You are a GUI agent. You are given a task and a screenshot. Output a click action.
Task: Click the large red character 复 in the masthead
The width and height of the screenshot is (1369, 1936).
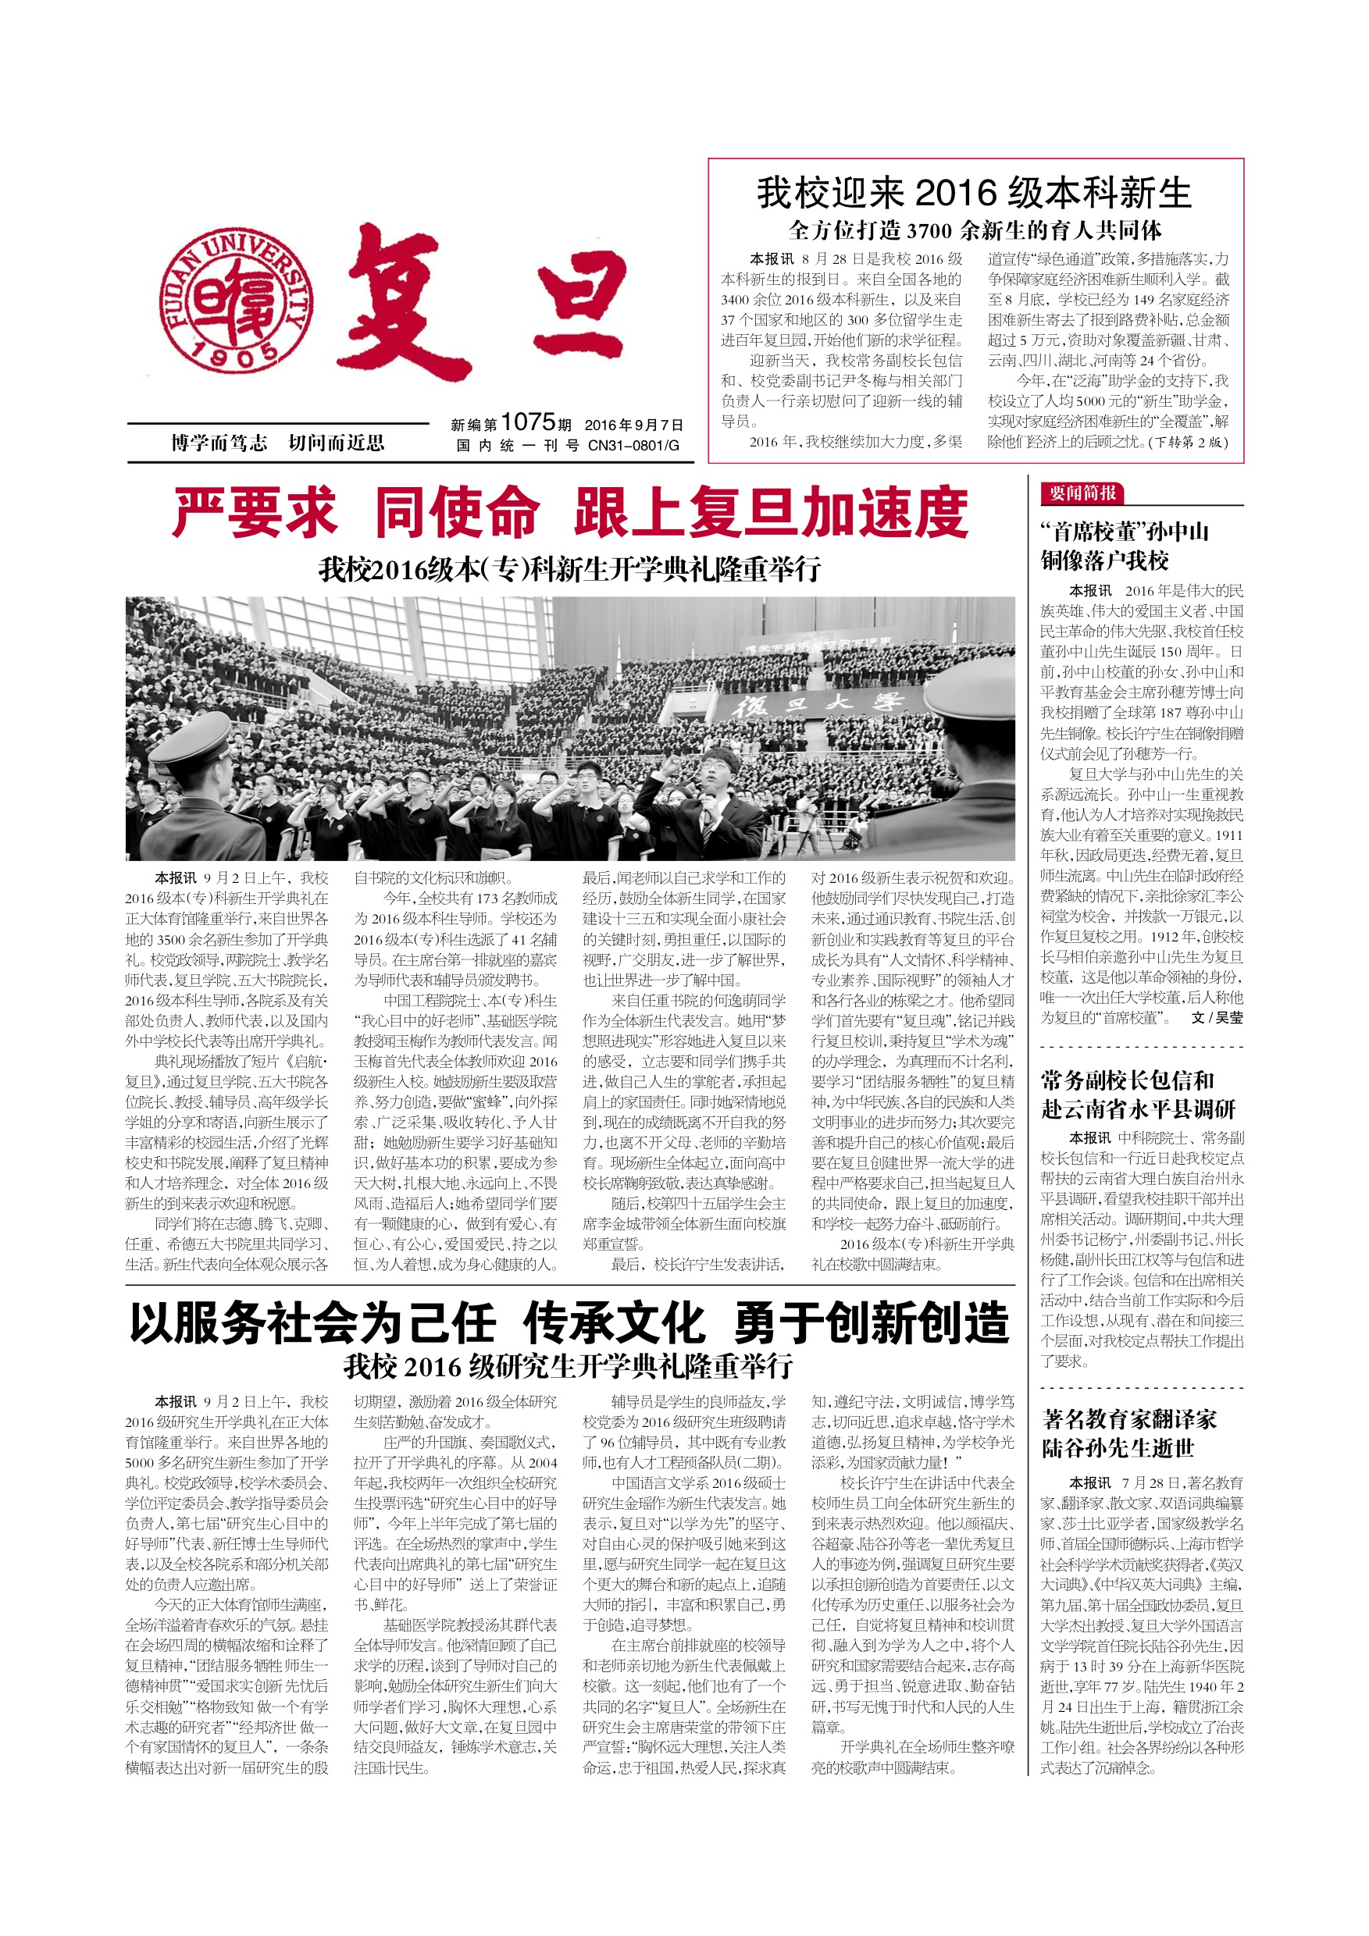410,302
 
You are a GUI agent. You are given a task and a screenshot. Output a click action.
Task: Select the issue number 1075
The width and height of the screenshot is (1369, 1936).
528,422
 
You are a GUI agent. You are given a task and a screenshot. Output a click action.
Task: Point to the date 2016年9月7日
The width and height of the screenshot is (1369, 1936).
633,425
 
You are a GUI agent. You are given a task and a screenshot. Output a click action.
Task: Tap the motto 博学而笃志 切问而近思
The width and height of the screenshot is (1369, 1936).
277,443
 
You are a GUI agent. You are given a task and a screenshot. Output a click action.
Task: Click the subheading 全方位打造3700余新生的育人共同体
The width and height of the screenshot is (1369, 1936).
975,230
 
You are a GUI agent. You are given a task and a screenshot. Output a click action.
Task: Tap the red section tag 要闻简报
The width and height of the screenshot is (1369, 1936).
1083,493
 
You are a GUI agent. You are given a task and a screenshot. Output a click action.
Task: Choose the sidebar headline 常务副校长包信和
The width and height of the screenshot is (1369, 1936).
1127,1081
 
